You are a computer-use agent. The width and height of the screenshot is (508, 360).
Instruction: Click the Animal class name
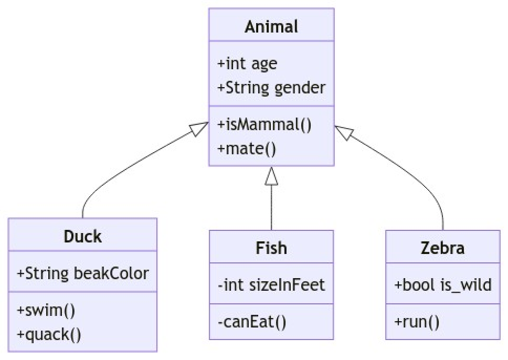coord(271,26)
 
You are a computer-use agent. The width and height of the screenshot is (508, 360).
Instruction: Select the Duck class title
coord(82,236)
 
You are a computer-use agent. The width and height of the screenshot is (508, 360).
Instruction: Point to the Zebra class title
coord(442,248)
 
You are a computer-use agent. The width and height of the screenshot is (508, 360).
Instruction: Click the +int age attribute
coord(247,63)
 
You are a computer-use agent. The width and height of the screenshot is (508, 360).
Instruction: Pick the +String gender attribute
coord(271,87)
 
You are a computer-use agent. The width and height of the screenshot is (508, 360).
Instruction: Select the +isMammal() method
coord(264,124)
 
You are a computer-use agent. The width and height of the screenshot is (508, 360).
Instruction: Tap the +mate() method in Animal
coord(246,147)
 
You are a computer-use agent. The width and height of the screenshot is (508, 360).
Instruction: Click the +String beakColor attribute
coord(82,273)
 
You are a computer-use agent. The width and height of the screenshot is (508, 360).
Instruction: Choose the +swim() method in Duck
coord(46,310)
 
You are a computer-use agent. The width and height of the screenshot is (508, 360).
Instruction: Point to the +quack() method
coord(49,334)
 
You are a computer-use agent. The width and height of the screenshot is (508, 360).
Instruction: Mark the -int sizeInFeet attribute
coord(271,285)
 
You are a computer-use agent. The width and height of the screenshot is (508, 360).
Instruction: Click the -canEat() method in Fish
coord(251,321)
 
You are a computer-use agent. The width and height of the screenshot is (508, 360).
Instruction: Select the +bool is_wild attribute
coord(442,285)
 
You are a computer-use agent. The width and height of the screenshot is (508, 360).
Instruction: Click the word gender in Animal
coord(300,87)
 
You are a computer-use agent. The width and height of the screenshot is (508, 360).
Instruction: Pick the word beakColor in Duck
coord(111,273)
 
